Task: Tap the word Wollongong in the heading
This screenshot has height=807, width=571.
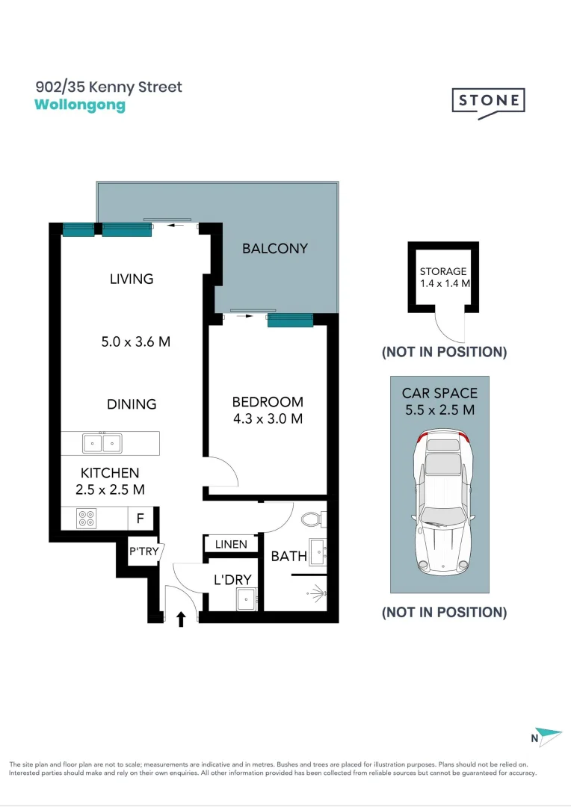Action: [80, 105]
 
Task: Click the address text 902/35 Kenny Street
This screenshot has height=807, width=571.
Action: [108, 87]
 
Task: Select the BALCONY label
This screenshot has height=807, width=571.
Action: [274, 248]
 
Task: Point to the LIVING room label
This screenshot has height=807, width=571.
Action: [132, 279]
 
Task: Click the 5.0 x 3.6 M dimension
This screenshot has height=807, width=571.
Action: [135, 342]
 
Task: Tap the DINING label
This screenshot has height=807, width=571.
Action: [132, 404]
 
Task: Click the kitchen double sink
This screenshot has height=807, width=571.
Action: [103, 443]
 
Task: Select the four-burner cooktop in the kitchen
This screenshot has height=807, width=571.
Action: [86, 518]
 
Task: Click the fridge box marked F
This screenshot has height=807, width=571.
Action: [140, 518]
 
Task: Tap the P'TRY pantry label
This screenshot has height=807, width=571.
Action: [143, 552]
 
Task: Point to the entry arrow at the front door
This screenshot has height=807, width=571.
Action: [180, 618]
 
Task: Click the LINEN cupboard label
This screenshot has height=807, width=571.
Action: [231, 544]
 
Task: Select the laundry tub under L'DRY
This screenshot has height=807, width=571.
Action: [245, 599]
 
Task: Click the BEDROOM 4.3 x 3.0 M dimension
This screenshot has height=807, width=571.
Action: [267, 419]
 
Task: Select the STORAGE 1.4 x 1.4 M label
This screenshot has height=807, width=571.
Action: [443, 277]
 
